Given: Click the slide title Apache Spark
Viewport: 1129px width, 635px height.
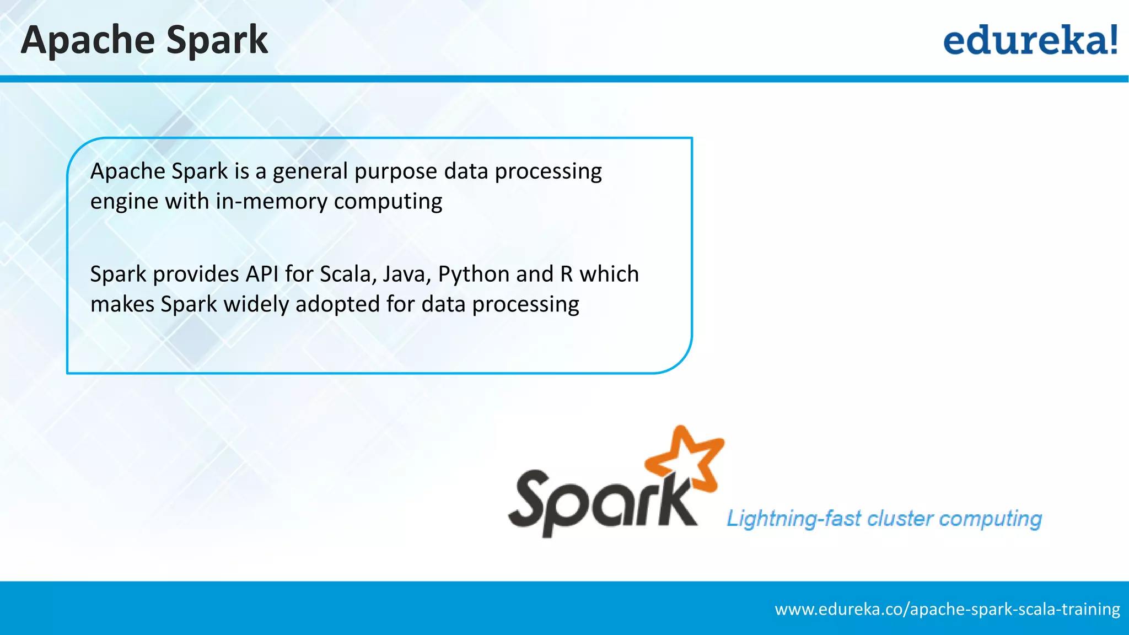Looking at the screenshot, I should [144, 40].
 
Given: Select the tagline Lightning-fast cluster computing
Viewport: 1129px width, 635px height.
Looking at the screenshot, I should [884, 519].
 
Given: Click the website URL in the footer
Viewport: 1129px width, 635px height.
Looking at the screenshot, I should [947, 609].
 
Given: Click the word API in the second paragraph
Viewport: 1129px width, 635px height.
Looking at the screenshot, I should [262, 274].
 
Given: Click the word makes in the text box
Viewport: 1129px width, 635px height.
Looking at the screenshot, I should [122, 304].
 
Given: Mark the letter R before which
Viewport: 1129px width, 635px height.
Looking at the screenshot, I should [566, 274].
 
